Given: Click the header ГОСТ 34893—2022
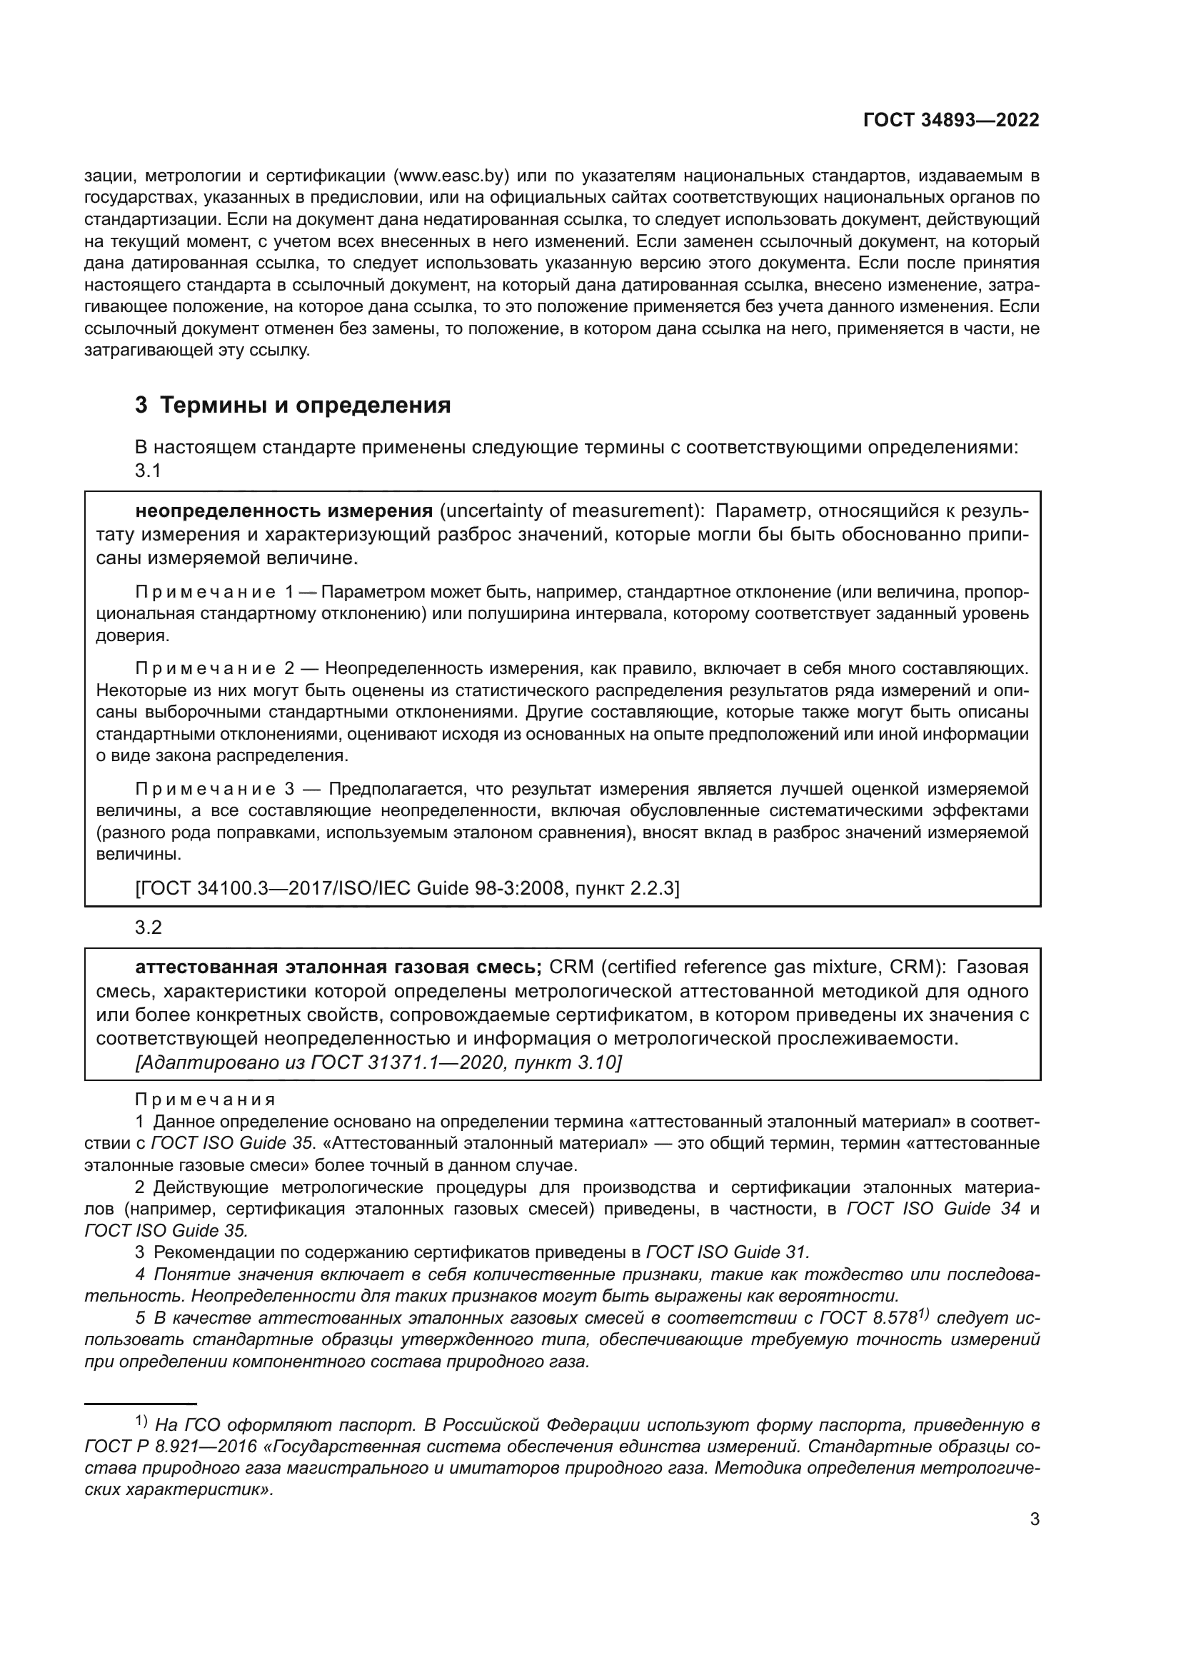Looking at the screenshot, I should [x=950, y=120].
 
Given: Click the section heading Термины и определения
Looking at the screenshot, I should [x=305, y=404].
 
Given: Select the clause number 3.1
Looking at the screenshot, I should [x=148, y=471].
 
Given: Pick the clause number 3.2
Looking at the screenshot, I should [x=149, y=927].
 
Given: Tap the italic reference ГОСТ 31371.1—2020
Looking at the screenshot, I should [x=406, y=1062].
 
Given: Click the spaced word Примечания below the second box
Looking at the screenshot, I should [x=205, y=1100].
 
